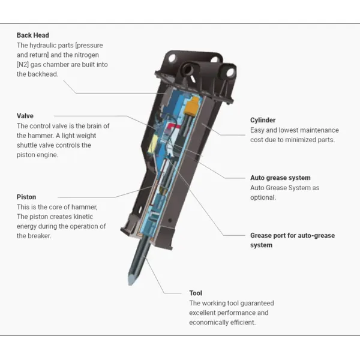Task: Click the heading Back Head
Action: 33,35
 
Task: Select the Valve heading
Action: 25,116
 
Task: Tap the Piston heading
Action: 26,197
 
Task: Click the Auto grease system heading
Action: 280,178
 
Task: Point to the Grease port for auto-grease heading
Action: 292,235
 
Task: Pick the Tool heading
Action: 196,293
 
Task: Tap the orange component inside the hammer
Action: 193,108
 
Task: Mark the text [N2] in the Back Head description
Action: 26,64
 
